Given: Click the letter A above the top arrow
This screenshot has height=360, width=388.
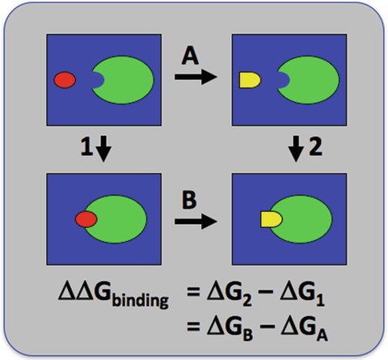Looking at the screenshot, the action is [x=191, y=57].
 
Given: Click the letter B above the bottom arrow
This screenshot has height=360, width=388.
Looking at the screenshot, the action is [x=189, y=201].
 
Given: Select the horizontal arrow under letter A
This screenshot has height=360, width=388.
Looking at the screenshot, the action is [x=196, y=77].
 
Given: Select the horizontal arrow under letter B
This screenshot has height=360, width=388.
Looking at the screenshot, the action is [x=196, y=222].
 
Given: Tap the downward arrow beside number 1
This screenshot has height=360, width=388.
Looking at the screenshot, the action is [x=103, y=149].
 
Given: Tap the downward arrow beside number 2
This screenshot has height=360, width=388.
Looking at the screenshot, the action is [x=296, y=149].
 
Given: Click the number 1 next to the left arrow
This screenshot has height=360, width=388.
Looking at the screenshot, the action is [x=86, y=147].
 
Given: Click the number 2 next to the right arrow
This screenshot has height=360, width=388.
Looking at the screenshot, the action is [x=315, y=147].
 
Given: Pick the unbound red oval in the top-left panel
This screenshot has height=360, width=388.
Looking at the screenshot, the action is [x=65, y=80].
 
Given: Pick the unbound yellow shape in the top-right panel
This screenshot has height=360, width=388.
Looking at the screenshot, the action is [x=250, y=80].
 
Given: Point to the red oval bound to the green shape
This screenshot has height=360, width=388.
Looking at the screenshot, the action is [x=86, y=219].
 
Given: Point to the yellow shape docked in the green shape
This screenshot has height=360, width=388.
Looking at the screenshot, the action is [x=272, y=219].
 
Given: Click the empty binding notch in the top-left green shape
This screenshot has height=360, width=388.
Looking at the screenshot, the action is [x=99, y=80].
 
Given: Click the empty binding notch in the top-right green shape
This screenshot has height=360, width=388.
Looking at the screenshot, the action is [x=284, y=80].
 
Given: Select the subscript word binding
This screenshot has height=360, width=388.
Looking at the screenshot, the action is [x=140, y=299].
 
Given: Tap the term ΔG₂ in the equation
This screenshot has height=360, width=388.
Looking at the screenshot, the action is [x=230, y=293].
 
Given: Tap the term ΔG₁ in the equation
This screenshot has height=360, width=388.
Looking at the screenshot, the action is [x=302, y=293].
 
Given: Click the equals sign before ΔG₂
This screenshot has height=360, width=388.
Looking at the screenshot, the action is [x=193, y=292].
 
